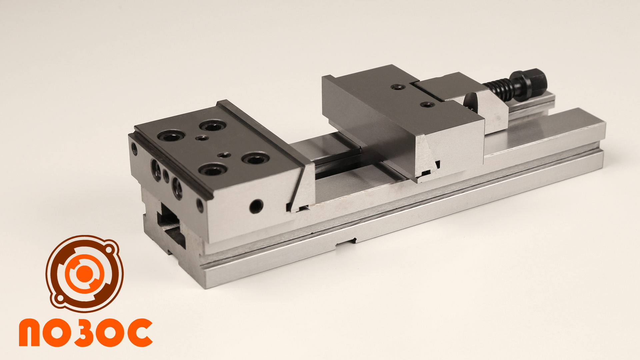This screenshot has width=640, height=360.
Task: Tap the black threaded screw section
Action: (x=498, y=90)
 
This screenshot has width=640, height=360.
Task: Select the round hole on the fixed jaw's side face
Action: (x=256, y=206)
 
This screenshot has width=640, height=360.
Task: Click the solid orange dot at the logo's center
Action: (x=84, y=273)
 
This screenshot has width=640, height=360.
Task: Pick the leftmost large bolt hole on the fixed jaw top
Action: (x=171, y=136)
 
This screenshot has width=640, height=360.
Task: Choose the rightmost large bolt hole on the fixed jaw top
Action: (x=256, y=158)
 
